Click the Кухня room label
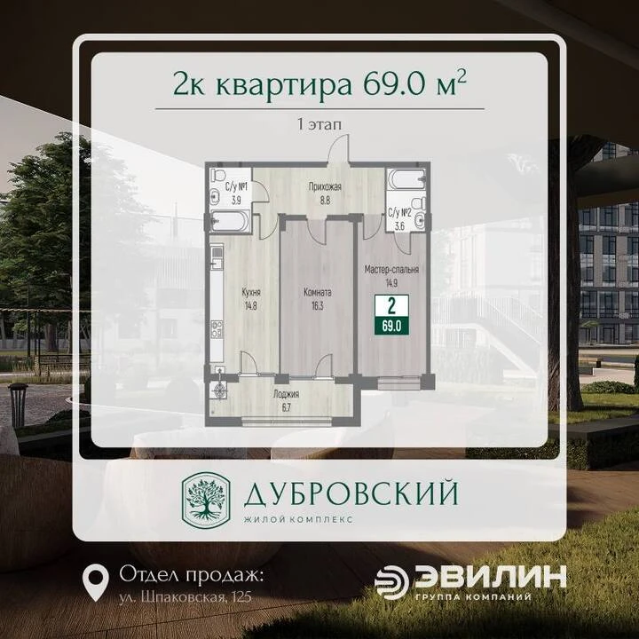click(251, 292)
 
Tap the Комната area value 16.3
click(317, 305)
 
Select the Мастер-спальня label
click(391, 270)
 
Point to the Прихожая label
click(325, 187)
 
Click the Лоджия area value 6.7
click(286, 408)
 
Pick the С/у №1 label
click(237, 187)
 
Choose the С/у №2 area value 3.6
click(399, 226)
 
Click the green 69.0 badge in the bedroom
click(391, 326)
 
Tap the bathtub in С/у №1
click(230, 221)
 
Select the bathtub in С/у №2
click(406, 179)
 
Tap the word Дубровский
click(351, 493)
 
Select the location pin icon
click(95, 582)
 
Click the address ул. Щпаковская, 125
click(185, 597)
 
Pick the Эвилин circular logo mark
click(391, 582)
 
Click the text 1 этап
click(319, 124)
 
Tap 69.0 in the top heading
click(394, 84)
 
